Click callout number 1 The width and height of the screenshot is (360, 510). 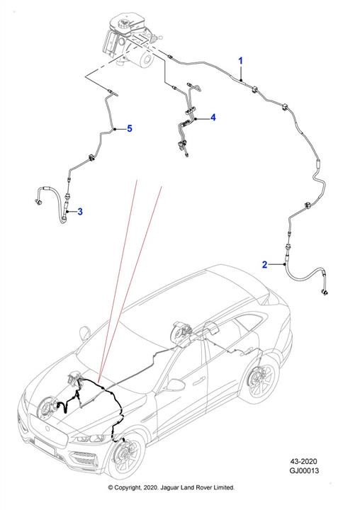click(240, 61)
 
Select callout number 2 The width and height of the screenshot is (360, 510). click(264, 265)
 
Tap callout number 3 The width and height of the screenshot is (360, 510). click(80, 212)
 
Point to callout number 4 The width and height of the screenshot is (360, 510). click(213, 118)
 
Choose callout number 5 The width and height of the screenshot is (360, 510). click(130, 128)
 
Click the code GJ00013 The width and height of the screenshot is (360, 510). click(304, 470)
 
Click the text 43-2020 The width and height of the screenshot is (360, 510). click(303, 461)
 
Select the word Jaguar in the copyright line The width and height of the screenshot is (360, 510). click(169, 487)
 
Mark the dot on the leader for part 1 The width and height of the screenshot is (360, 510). click(241, 80)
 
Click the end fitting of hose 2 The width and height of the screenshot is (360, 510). click(325, 292)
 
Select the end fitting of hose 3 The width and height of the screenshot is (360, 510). click(38, 202)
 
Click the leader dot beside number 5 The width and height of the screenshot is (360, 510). click(115, 129)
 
